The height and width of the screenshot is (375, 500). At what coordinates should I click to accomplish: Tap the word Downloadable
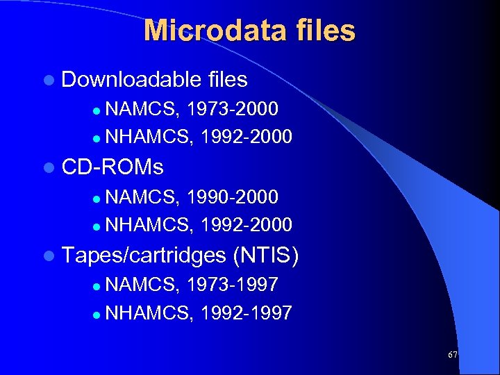[132, 80]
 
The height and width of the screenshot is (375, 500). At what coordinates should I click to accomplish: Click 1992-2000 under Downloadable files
[245, 136]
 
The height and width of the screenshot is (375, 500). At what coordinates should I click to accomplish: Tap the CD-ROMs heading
[112, 167]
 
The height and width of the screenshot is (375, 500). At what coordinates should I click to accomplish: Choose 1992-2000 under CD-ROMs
[245, 224]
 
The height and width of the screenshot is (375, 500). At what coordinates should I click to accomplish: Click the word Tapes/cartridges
[144, 256]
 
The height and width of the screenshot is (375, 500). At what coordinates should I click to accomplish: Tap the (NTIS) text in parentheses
[267, 256]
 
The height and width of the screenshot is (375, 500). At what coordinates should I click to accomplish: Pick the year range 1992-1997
[245, 312]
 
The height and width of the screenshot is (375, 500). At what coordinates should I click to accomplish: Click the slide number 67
[453, 355]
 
